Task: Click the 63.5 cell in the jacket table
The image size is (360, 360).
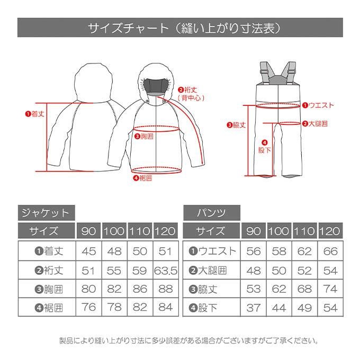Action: [166, 271]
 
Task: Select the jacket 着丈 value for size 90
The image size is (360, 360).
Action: [88, 251]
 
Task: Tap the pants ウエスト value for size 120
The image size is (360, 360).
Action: [330, 251]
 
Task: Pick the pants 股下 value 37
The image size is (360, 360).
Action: [253, 308]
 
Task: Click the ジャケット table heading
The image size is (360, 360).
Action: [46, 213]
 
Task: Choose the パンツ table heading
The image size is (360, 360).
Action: [211, 213]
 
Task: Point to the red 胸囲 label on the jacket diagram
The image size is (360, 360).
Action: [143, 137]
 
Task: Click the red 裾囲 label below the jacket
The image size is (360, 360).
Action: [143, 178]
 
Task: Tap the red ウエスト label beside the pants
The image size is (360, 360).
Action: [318, 105]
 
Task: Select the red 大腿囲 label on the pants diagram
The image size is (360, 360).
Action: [315, 124]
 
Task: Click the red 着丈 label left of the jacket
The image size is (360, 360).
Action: [34, 114]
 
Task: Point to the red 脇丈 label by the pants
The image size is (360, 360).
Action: [236, 125]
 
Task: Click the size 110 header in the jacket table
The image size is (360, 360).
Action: [140, 231]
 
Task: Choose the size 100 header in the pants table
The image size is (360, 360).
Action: [278, 231]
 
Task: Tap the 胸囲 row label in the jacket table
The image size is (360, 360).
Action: [49, 289]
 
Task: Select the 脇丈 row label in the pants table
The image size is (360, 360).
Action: [203, 289]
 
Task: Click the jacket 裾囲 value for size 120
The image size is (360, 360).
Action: [166, 307]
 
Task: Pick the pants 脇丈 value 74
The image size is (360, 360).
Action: [330, 289]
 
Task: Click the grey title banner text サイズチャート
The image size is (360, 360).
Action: [128, 28]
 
